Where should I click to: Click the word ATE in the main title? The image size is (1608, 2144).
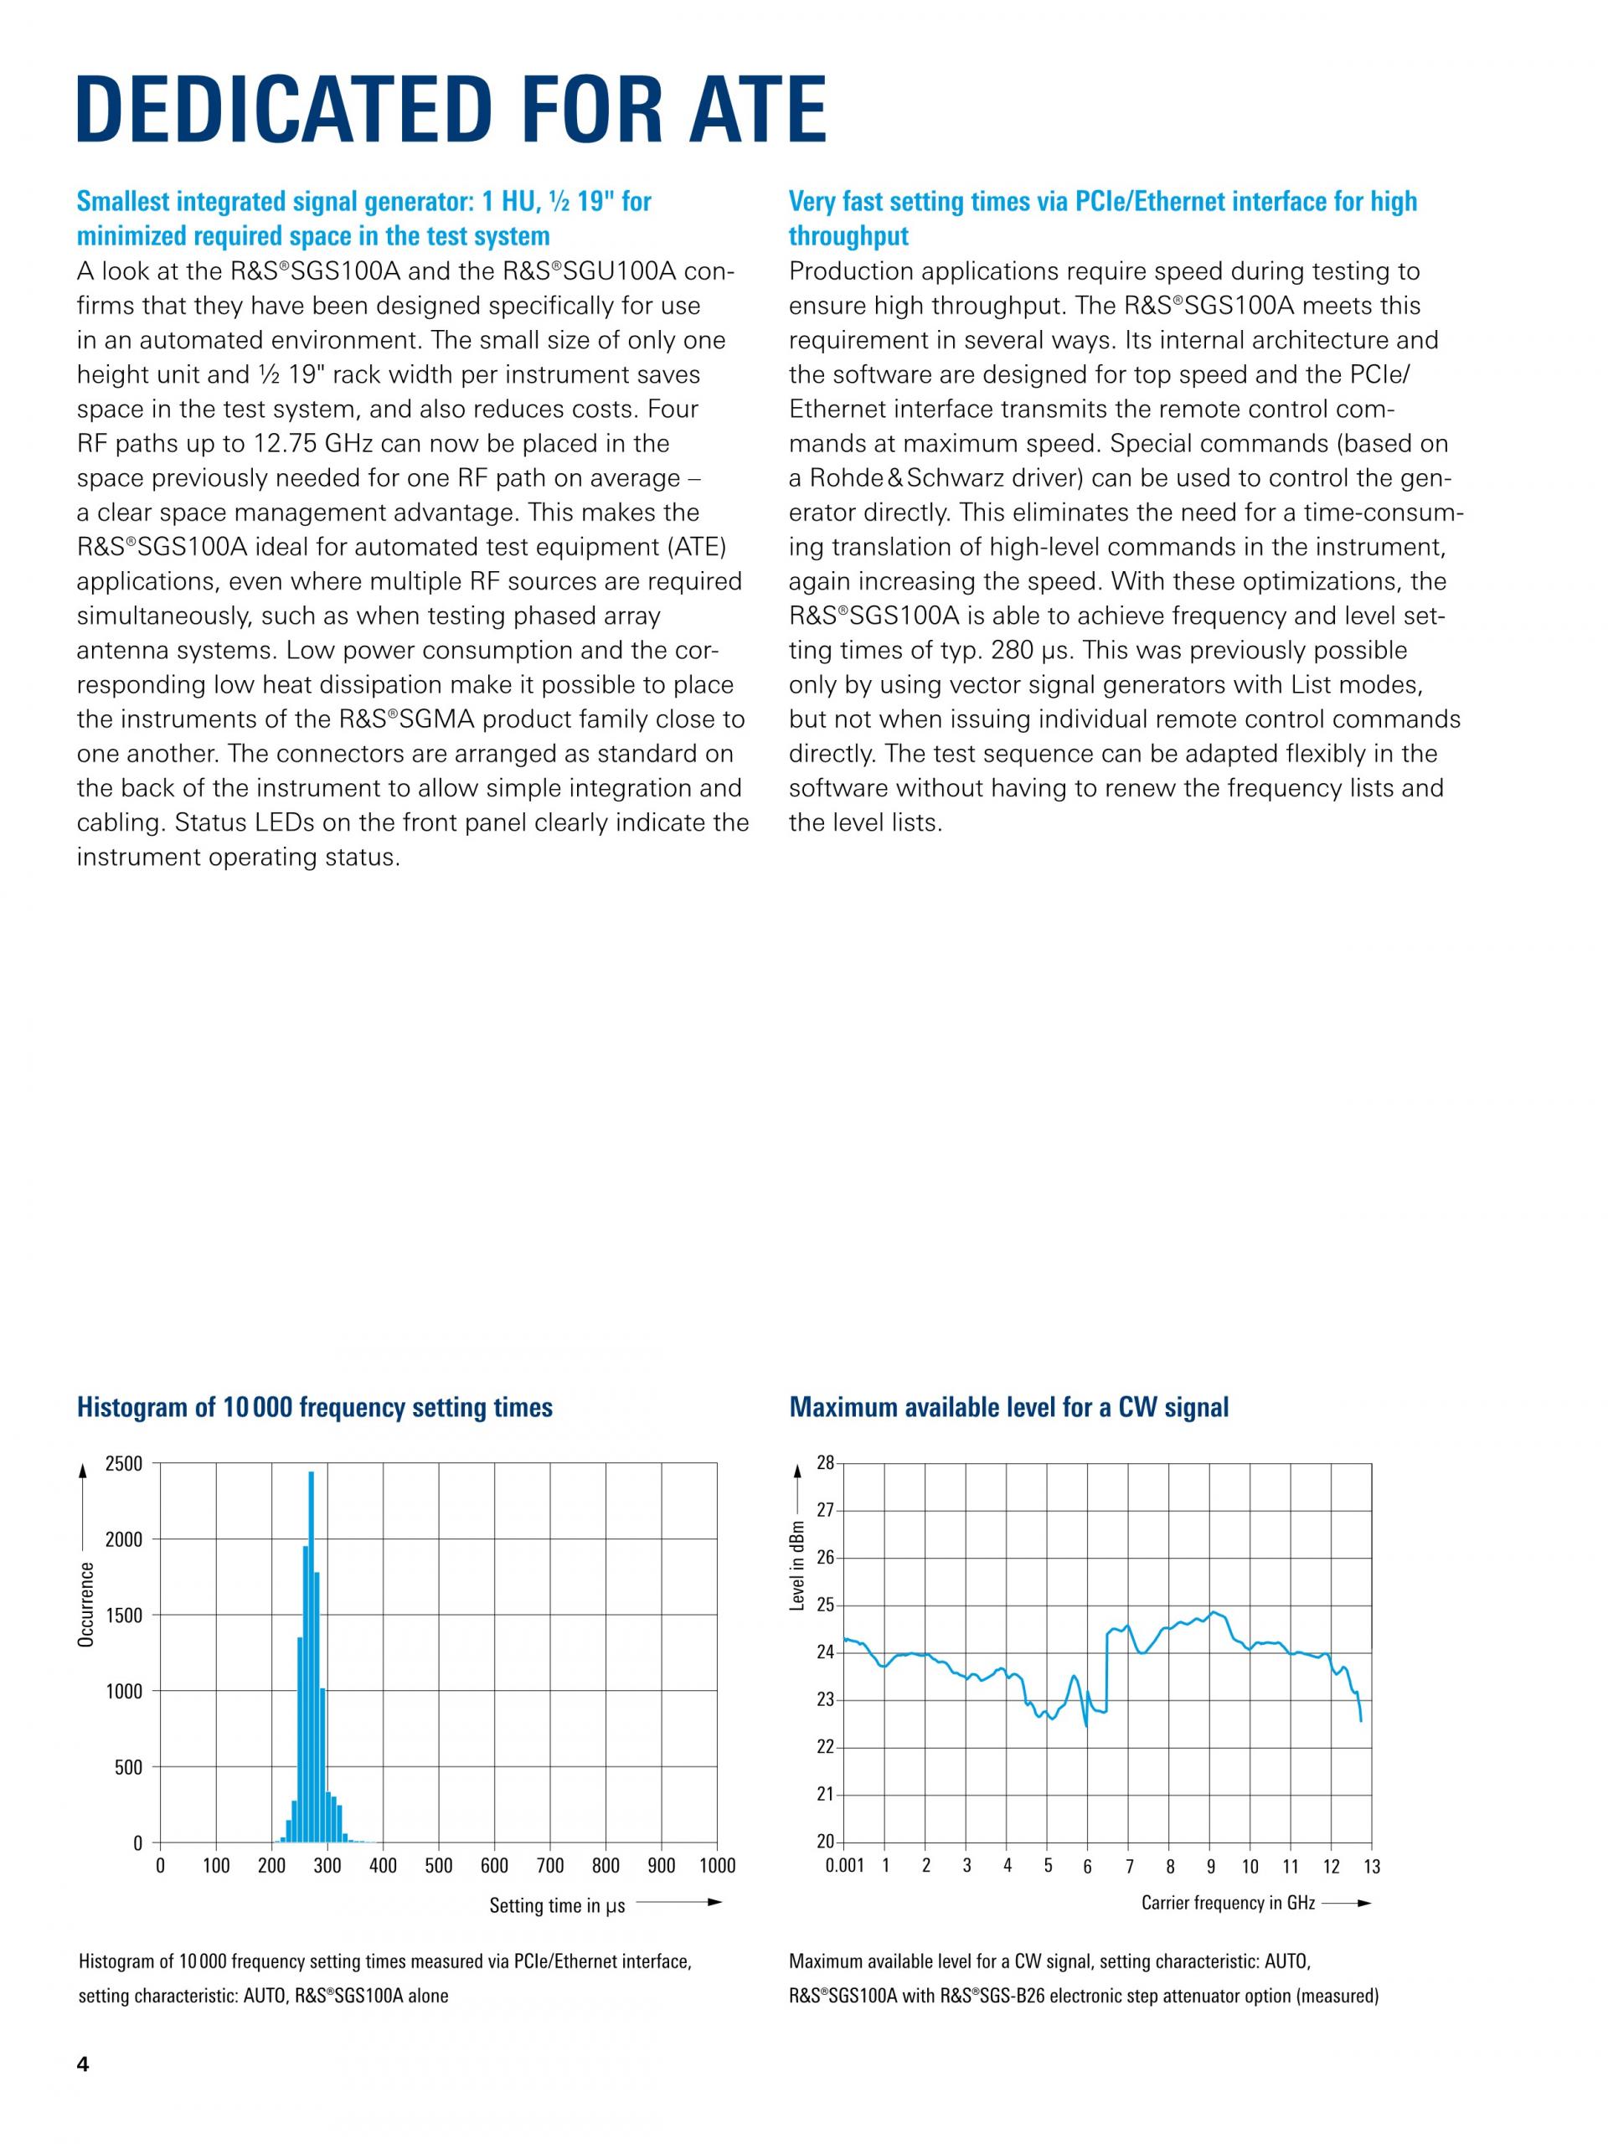(745, 109)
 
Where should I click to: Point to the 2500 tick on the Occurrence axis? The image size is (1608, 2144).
(124, 1464)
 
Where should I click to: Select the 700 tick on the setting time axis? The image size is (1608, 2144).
(550, 1866)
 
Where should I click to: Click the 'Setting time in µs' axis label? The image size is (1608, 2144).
(556, 1905)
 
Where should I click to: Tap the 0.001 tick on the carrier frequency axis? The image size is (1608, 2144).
(844, 1866)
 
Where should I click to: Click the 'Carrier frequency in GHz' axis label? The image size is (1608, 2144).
(1228, 1903)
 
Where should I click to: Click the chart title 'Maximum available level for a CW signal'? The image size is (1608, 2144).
(1008, 1406)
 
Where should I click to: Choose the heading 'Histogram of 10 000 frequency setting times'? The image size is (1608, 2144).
(314, 1406)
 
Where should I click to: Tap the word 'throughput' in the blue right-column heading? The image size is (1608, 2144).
(848, 235)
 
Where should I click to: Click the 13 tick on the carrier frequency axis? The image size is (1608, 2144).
(1372, 1866)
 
